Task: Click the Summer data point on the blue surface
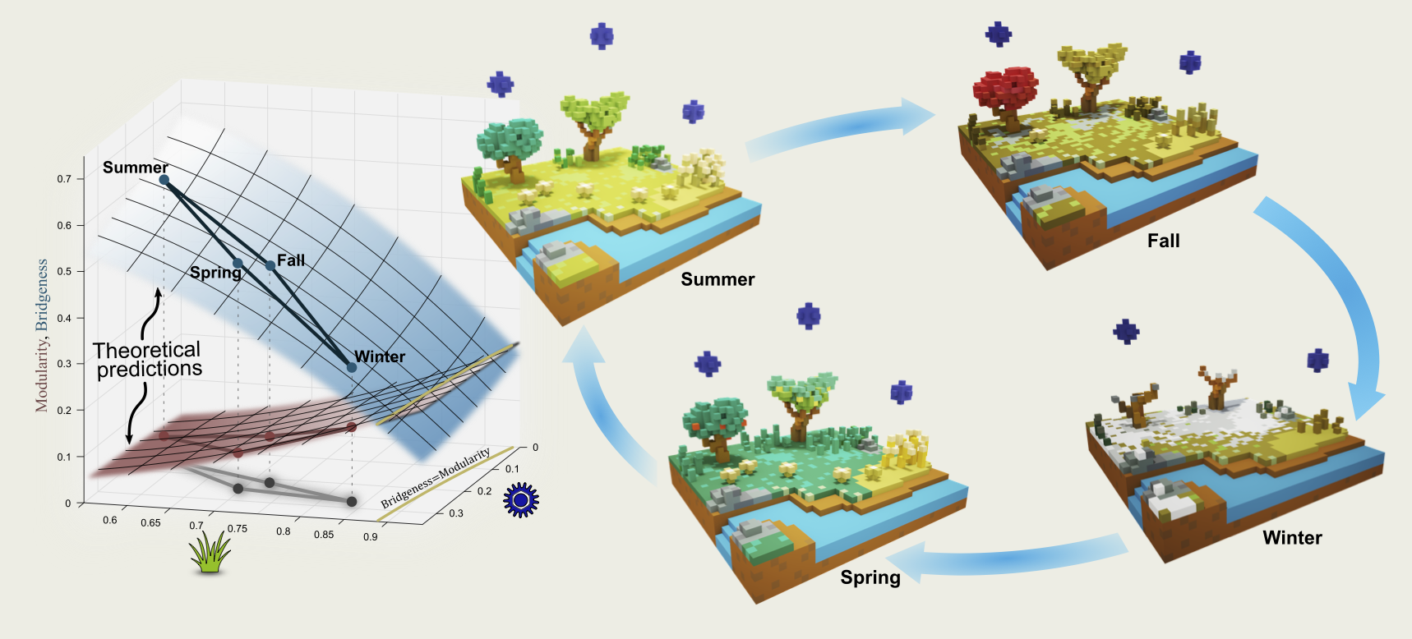[164, 180]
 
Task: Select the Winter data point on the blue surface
[352, 367]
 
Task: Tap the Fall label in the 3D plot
[291, 260]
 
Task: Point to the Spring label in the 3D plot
[215, 273]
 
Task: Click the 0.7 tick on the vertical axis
[64, 179]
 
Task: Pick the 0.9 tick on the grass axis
[370, 537]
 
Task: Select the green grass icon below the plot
[210, 551]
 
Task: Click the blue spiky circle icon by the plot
[520, 499]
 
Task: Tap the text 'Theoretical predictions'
[148, 360]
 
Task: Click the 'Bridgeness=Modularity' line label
[435, 477]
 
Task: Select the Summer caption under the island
[718, 279]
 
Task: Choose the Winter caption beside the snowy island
[1292, 538]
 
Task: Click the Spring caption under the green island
[870, 577]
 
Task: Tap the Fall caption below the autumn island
[1163, 241]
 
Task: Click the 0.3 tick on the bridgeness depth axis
[455, 513]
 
